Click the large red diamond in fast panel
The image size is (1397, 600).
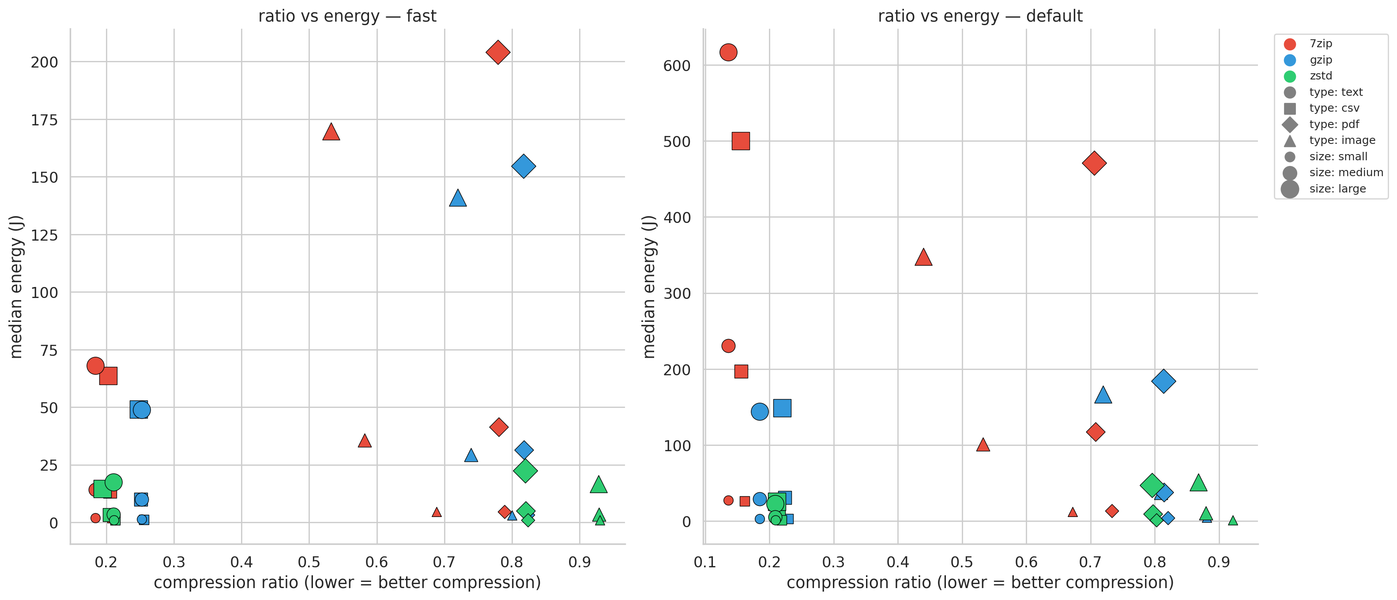pos(498,53)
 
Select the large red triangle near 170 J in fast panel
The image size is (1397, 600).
pos(331,132)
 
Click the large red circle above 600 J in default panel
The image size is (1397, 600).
pos(728,53)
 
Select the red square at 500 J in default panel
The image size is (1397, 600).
pos(741,141)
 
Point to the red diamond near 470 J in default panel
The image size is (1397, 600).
pos(1094,163)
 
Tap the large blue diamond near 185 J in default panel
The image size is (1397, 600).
pos(1163,381)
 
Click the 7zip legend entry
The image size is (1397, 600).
pos(1320,43)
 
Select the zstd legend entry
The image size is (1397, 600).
pos(1320,76)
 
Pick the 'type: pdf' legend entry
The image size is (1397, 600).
pos(1333,124)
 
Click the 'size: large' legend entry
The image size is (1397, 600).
pos(1337,189)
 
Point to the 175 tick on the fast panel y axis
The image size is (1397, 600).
pos(44,120)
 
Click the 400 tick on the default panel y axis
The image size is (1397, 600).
pos(676,218)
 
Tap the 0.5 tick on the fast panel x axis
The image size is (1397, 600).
pos(309,562)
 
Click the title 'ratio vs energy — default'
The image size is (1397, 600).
pos(980,16)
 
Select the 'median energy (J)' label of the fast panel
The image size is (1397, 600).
pos(16,287)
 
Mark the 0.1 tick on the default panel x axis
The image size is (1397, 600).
pos(704,562)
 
